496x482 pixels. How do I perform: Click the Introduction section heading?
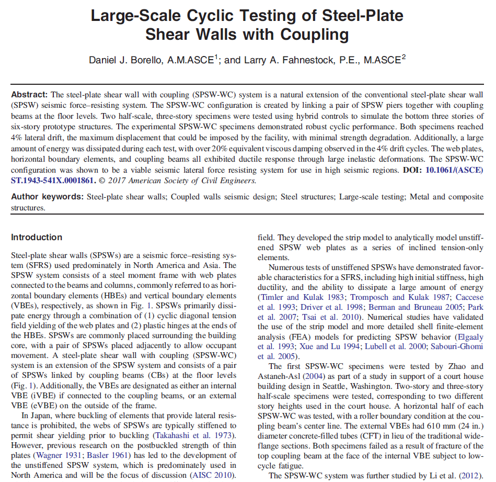point(37,237)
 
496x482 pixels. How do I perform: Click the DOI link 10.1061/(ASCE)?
point(453,171)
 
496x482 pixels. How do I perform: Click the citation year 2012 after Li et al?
point(473,475)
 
